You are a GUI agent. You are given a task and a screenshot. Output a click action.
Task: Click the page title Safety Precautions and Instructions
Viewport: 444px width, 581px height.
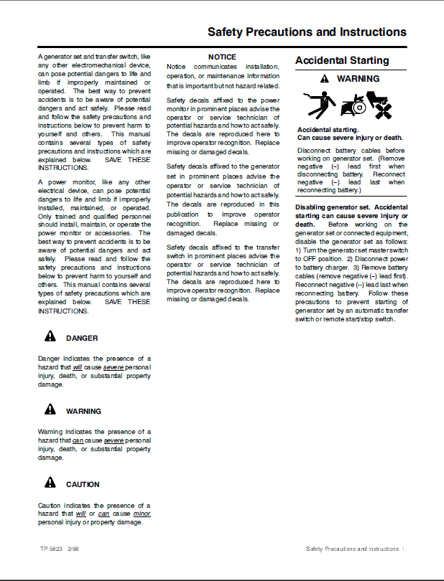[x=307, y=32]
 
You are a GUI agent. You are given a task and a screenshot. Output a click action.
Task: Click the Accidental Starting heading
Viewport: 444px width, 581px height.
[x=342, y=61]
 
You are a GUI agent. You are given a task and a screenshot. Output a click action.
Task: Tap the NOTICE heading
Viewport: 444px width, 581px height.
[x=222, y=57]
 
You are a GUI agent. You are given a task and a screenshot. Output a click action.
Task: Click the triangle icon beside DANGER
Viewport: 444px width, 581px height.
[x=50, y=337]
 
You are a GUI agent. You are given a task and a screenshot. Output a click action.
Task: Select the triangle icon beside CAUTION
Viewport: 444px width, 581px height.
[x=50, y=483]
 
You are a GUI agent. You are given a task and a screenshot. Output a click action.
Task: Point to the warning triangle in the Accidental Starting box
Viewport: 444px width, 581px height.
[x=325, y=78]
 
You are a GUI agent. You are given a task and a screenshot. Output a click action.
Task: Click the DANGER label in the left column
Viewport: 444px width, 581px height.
[x=82, y=339]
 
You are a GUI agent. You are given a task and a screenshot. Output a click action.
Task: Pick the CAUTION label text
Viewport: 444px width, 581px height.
[x=83, y=485]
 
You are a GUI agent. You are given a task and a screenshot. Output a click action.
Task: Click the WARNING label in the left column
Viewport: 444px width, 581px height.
[x=83, y=412]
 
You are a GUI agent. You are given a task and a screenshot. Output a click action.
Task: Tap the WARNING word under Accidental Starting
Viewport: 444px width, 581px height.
[x=359, y=79]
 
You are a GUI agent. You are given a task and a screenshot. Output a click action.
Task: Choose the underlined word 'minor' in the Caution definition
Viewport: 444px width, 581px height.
[x=142, y=514]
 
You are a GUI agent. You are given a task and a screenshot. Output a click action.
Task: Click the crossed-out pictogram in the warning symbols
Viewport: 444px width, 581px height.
[x=379, y=105]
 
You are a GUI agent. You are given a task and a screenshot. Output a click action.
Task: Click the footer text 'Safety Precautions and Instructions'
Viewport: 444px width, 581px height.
[x=352, y=549]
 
